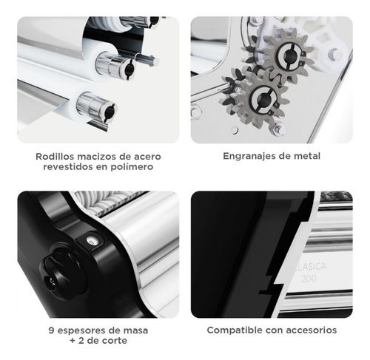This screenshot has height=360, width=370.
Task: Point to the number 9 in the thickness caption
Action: pyautogui.click(x=51, y=330)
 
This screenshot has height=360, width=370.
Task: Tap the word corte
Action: pyautogui.click(x=115, y=341)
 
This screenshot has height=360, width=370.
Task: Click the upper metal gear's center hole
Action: pyautogui.click(x=289, y=55)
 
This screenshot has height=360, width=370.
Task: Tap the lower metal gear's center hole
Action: pyautogui.click(x=263, y=98)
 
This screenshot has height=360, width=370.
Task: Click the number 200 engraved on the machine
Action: pyautogui.click(x=309, y=279)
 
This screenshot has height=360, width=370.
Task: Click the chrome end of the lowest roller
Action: pyautogui.click(x=96, y=108)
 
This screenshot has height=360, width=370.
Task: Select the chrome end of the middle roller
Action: pyautogui.click(x=115, y=65)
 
